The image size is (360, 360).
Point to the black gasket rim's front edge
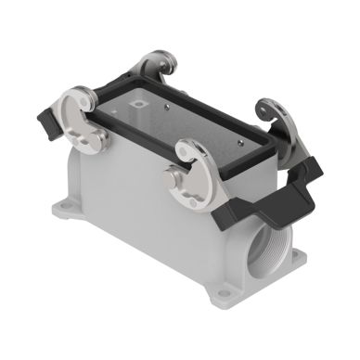click(139, 153)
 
